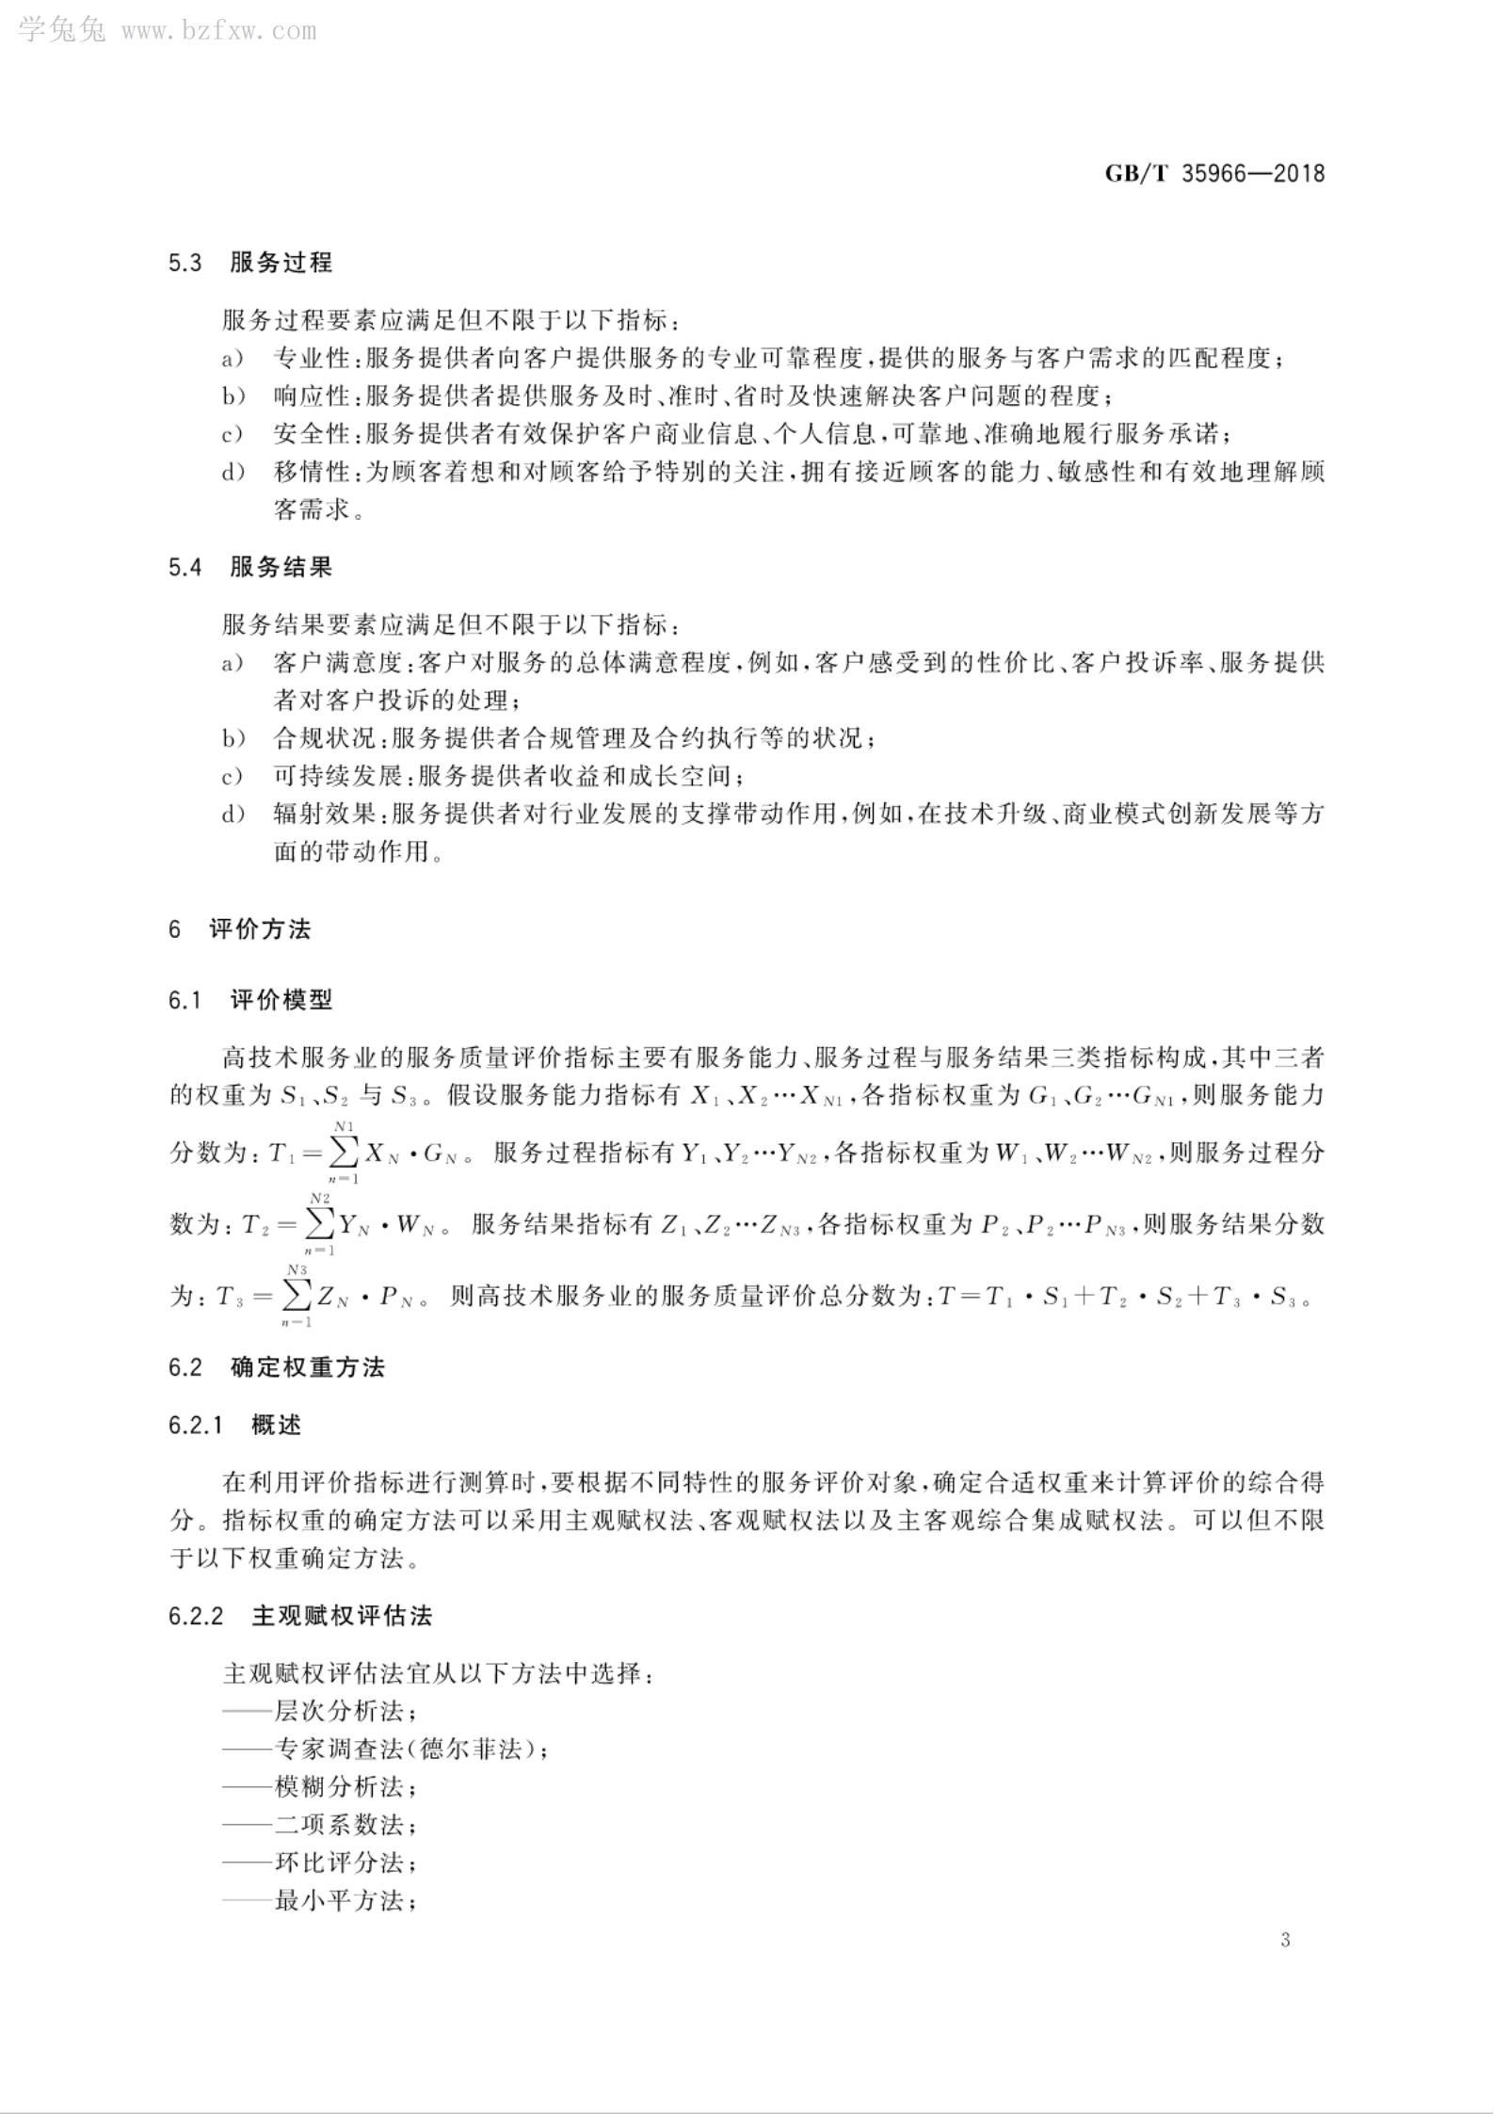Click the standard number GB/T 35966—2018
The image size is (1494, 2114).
(x=1213, y=173)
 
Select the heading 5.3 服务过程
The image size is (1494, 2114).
(x=250, y=262)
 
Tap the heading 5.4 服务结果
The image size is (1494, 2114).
(x=250, y=567)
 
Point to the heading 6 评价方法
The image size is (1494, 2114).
(x=240, y=929)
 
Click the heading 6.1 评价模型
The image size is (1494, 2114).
(x=250, y=999)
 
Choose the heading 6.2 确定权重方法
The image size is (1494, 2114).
(x=277, y=1366)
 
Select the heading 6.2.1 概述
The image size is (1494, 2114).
(x=235, y=1425)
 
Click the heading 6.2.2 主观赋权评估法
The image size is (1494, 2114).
(x=300, y=1616)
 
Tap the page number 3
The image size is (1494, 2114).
(x=1285, y=1939)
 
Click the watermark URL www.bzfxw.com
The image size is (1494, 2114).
(x=218, y=31)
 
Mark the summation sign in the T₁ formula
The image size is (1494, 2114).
(x=343, y=1152)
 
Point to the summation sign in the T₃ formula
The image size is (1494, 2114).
(x=297, y=1296)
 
